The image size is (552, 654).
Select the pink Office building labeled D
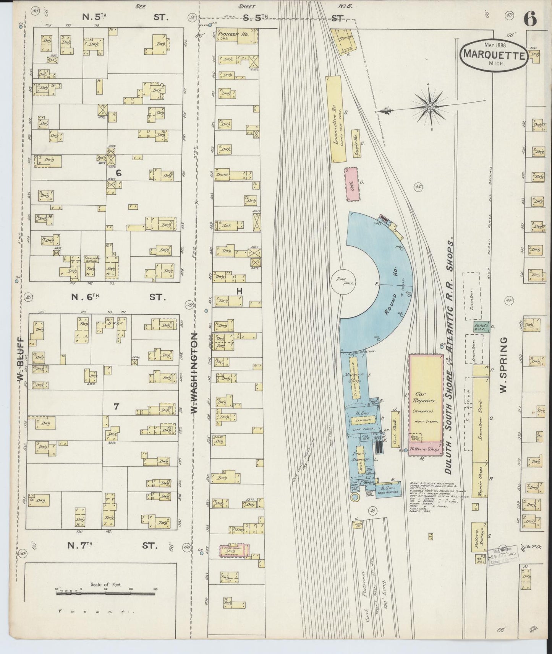tap(351, 184)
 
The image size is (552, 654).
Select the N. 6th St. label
tap(118, 297)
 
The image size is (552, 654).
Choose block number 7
tap(116, 407)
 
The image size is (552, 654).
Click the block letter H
tap(240, 291)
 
